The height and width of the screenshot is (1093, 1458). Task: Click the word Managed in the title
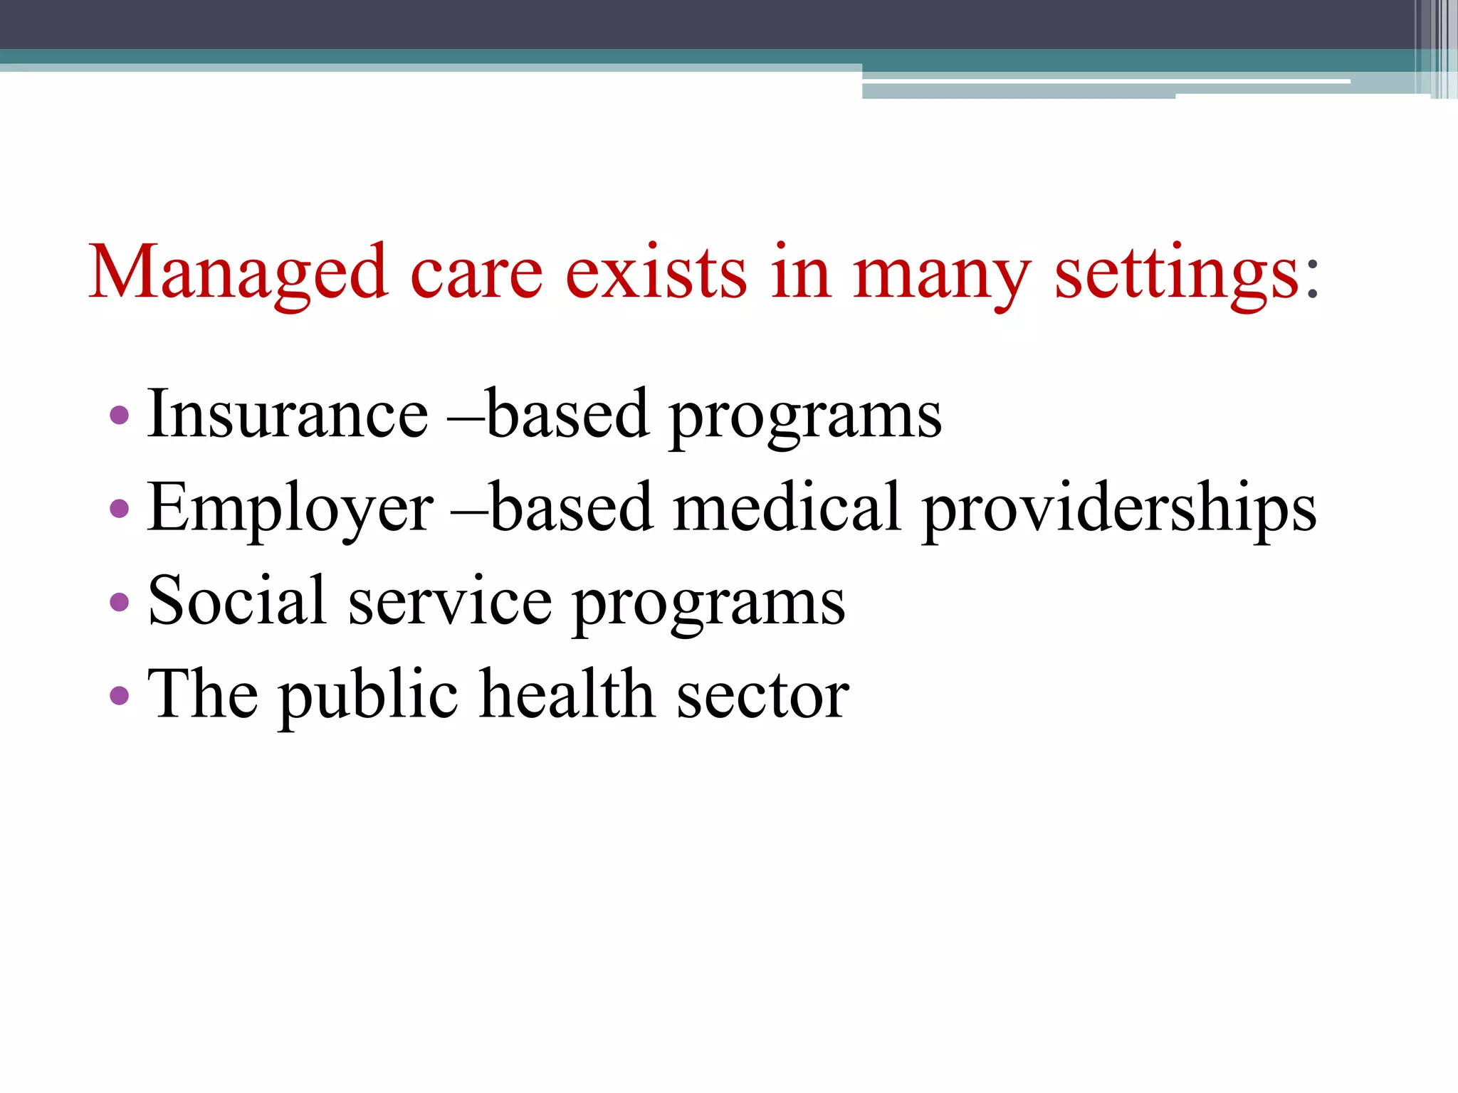(238, 273)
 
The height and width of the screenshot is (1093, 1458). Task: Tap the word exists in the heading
(656, 273)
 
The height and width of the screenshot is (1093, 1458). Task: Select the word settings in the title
(1177, 273)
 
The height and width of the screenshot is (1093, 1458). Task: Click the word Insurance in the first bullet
(288, 414)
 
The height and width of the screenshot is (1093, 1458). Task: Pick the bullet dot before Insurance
(120, 415)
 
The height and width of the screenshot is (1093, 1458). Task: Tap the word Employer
(290, 508)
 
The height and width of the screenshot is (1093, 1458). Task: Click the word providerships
(1119, 508)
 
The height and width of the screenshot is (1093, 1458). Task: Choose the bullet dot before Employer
(120, 508)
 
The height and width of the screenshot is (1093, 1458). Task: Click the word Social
(237, 601)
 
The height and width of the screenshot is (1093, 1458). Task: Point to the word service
(450, 602)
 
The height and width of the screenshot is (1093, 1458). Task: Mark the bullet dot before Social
(120, 602)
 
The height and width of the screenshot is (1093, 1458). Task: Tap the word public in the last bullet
(368, 695)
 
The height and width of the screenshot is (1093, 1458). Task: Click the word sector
(762, 696)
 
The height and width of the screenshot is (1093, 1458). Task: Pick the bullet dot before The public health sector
(120, 695)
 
